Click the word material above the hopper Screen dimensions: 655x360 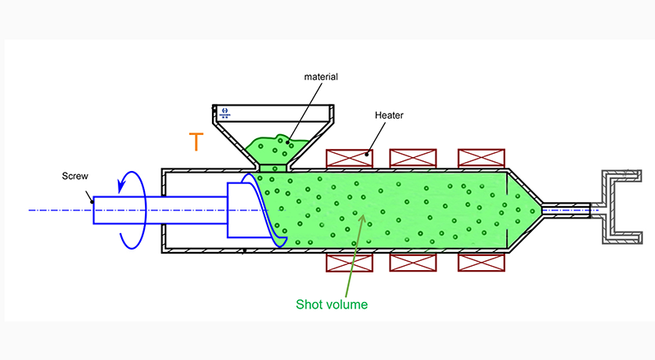[x=321, y=77]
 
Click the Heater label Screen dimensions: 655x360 [x=389, y=115]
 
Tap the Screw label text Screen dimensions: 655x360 [x=75, y=176]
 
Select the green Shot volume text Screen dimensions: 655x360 [x=332, y=304]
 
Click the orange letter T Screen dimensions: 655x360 [x=196, y=142]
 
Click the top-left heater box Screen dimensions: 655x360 [x=350, y=158]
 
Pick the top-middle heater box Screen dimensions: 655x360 [x=413, y=158]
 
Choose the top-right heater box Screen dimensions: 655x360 [x=481, y=158]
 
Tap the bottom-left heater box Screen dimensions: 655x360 [x=350, y=263]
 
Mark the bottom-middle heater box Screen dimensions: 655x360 [x=413, y=263]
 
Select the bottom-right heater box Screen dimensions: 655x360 [x=481, y=263]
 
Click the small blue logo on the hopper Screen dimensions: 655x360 [x=224, y=113]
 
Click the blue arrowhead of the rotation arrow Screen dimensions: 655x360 [x=122, y=185]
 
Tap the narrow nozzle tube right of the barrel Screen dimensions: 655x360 [x=567, y=210]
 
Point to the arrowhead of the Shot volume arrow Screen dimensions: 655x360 [x=363, y=218]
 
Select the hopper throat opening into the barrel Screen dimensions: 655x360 [x=273, y=168]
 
